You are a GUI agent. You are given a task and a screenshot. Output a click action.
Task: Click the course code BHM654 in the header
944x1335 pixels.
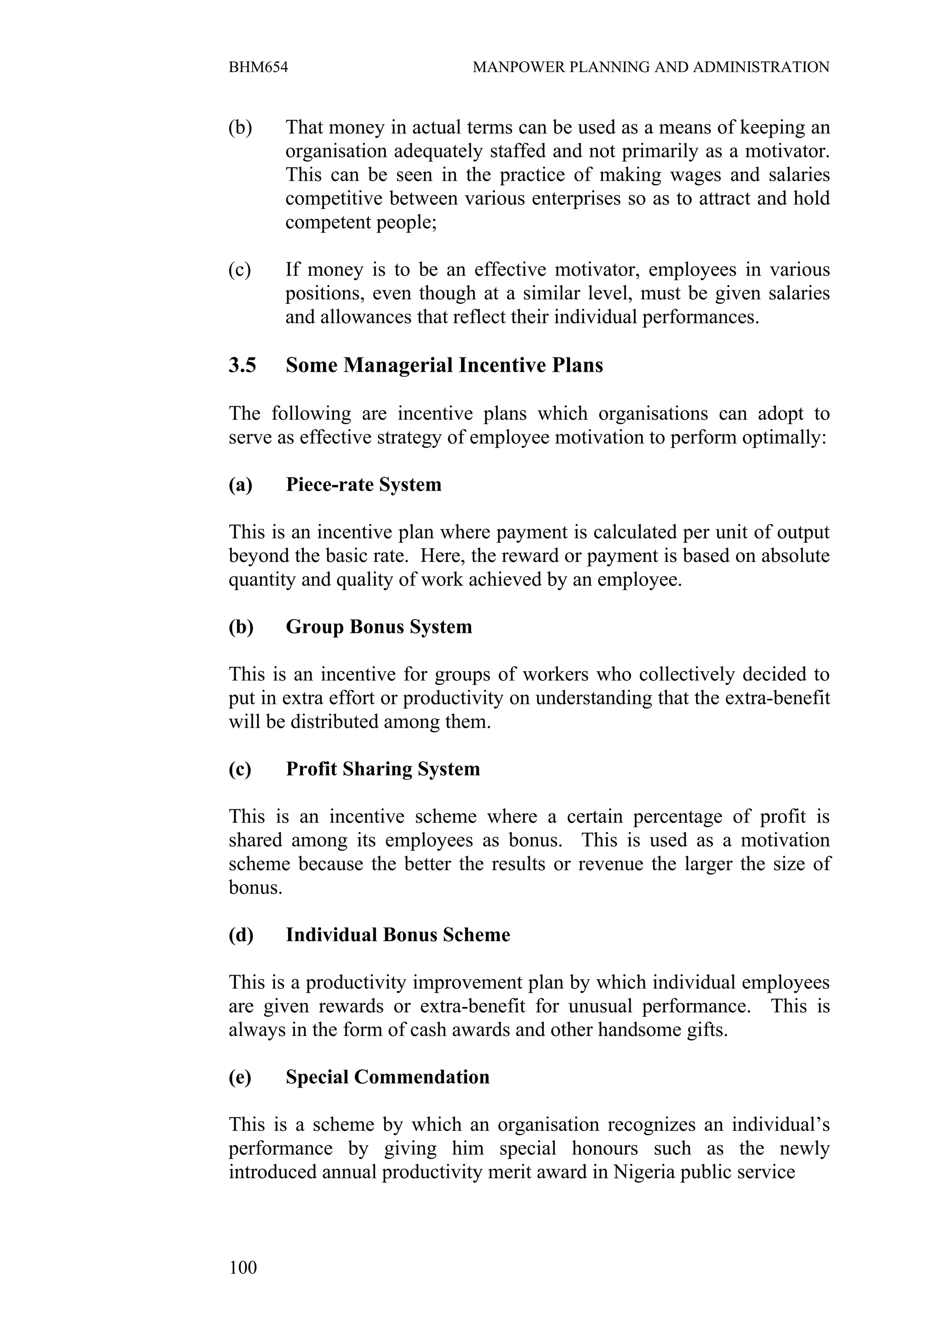point(258,67)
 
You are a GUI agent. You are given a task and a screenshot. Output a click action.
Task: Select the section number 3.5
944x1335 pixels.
point(242,365)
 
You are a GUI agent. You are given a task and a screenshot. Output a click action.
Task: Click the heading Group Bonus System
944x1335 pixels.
point(378,627)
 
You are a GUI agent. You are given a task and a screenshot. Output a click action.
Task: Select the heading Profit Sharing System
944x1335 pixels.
point(383,769)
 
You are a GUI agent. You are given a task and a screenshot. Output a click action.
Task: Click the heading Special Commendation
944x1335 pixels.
point(387,1077)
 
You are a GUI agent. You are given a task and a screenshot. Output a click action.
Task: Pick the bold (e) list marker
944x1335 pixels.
point(240,1077)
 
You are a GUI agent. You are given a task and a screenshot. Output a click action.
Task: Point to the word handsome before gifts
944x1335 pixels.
point(641,1030)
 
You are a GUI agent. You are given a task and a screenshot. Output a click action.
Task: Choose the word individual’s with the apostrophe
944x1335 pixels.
point(780,1124)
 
